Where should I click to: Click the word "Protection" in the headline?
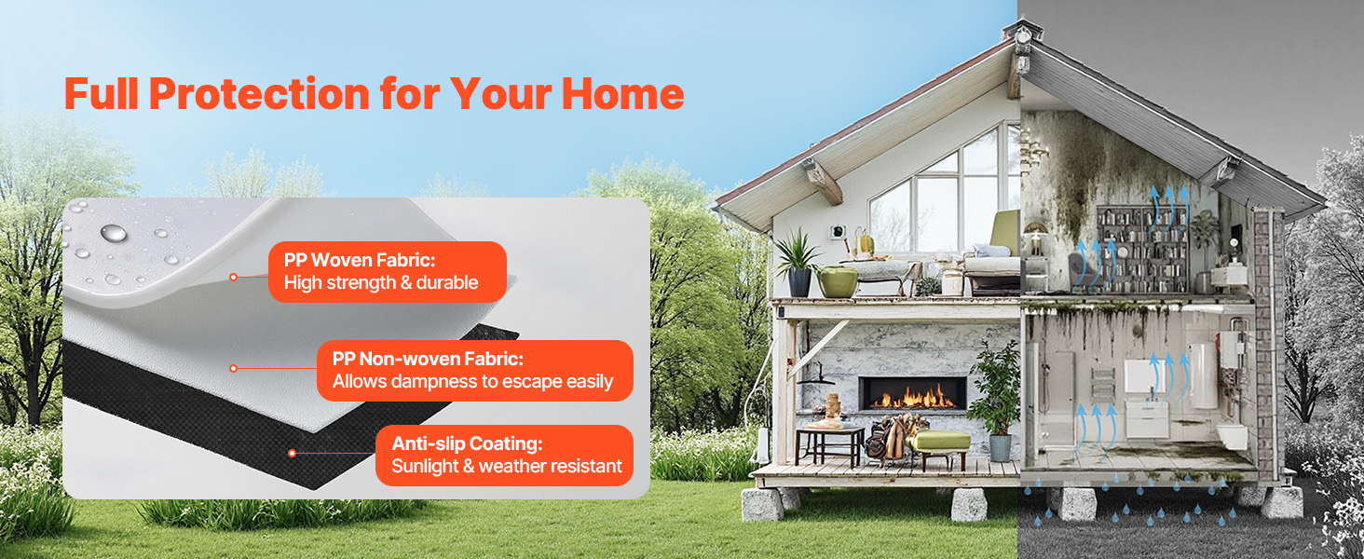(x=259, y=94)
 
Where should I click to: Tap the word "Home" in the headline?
(x=622, y=94)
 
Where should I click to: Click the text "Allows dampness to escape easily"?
(x=472, y=382)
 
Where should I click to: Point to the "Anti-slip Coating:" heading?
(x=467, y=443)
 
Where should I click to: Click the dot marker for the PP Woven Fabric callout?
(x=233, y=277)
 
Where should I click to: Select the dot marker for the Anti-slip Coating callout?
(x=293, y=453)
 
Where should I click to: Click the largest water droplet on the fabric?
(x=114, y=233)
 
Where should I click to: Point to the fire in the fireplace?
(x=913, y=398)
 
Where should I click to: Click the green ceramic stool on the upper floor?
(x=838, y=282)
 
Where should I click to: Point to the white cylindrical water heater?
(x=1203, y=375)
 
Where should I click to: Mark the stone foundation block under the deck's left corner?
(x=763, y=504)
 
